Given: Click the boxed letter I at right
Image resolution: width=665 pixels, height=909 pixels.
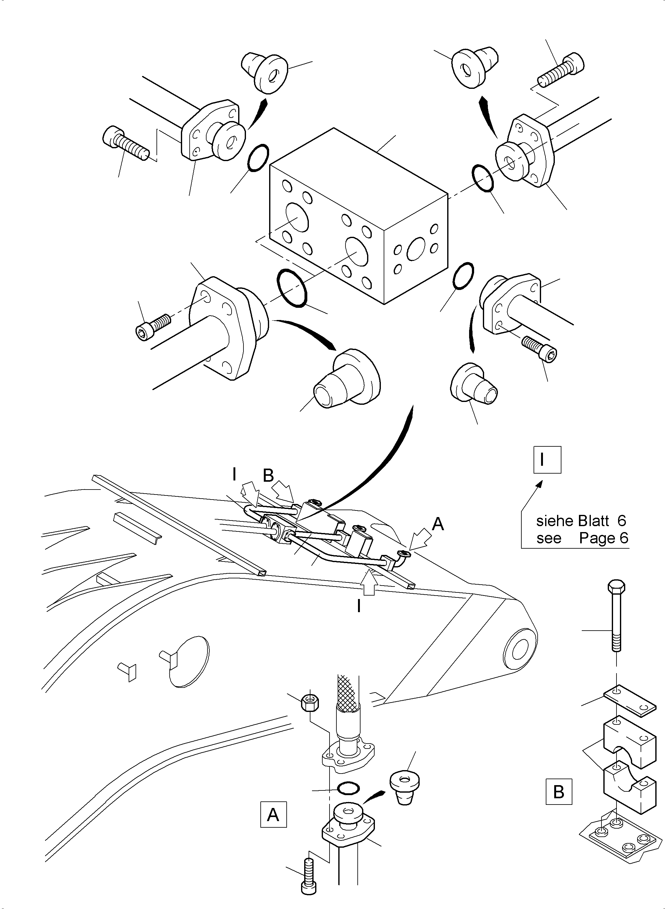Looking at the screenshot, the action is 547,460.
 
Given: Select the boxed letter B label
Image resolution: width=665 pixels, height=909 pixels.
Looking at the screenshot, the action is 559,791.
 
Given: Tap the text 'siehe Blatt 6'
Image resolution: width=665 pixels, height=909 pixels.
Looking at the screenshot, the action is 581,521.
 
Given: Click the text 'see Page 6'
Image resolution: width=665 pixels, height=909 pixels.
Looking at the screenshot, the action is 582,538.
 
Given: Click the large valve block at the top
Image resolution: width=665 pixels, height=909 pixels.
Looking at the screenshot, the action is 358,217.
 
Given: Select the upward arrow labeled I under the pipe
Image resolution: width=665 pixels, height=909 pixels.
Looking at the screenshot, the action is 369,583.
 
